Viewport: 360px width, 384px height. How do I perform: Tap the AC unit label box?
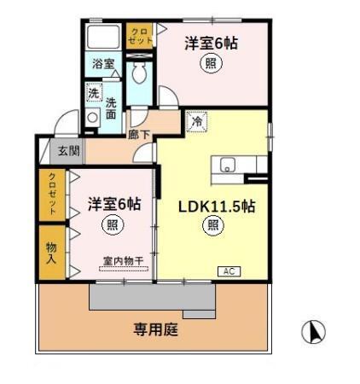coord(229,271)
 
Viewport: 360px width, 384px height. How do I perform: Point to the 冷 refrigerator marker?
coord(195,123)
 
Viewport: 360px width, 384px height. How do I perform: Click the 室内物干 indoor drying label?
coord(122,261)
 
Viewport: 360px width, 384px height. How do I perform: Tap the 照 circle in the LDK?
coord(212,225)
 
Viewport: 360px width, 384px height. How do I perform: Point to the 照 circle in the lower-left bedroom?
coord(112,225)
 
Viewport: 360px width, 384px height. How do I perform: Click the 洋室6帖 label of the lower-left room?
coord(114,205)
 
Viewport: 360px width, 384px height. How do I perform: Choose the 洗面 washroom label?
coord(110,109)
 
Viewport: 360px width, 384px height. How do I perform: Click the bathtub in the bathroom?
coord(104,37)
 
